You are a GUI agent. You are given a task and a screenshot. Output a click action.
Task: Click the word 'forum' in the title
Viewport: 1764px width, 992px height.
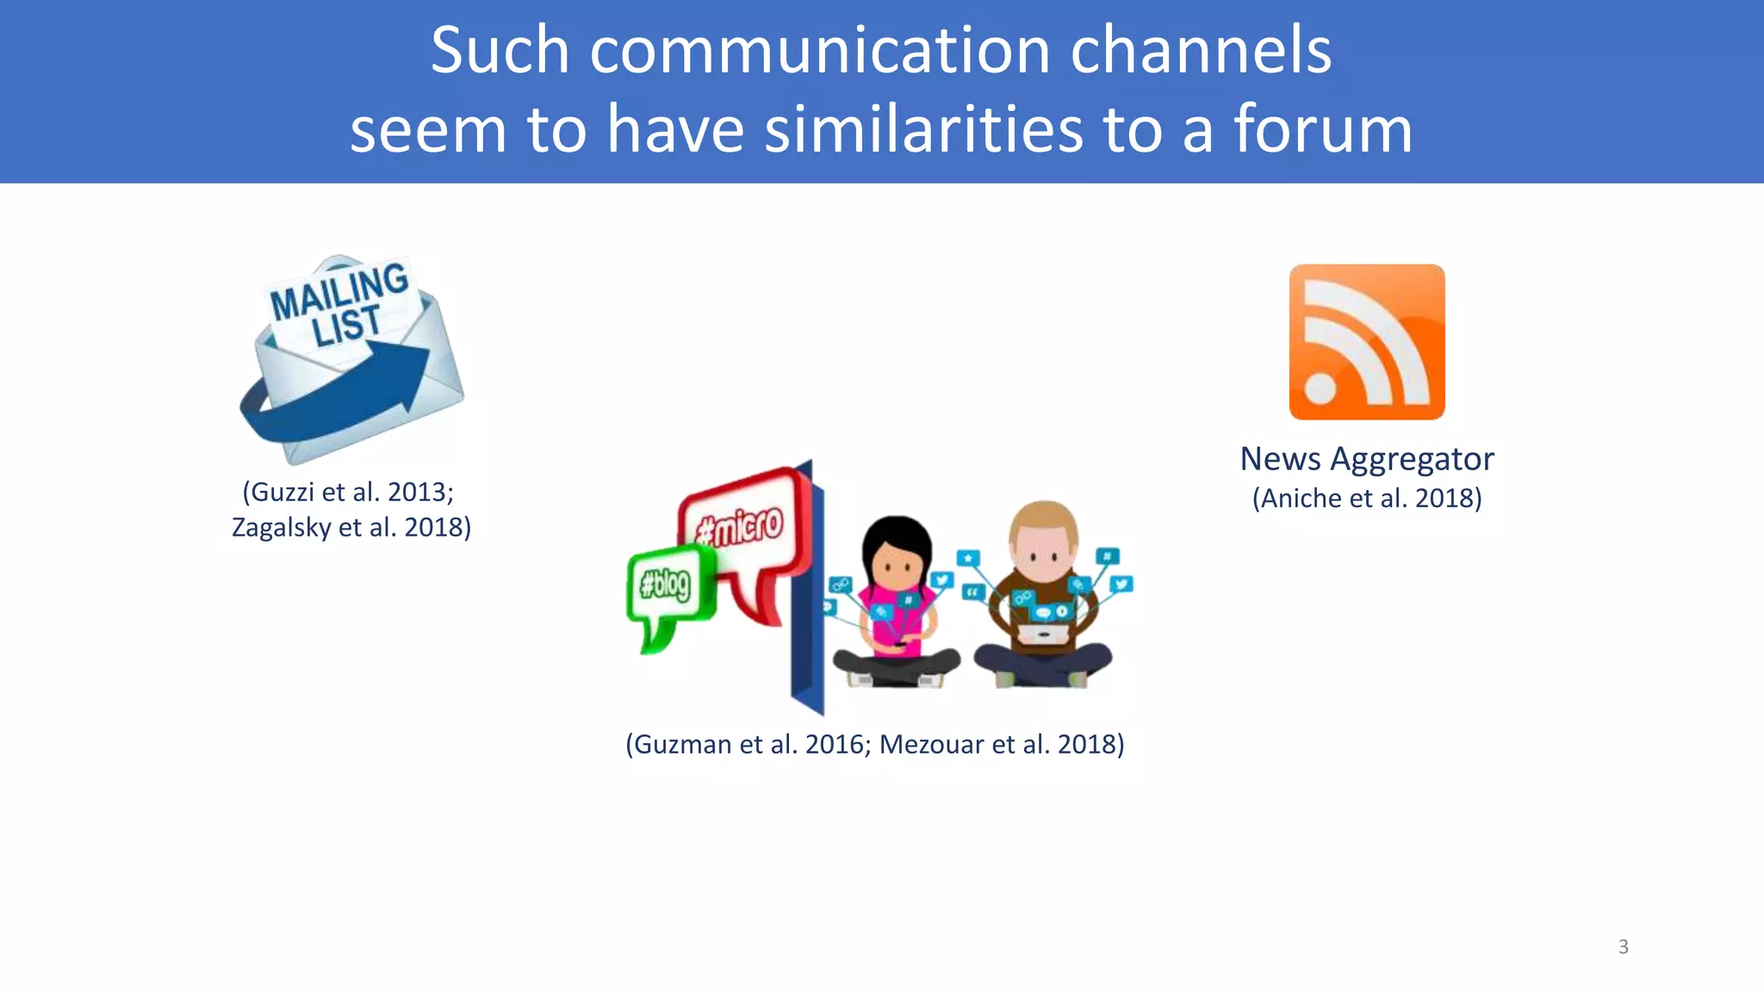pyautogui.click(x=1322, y=129)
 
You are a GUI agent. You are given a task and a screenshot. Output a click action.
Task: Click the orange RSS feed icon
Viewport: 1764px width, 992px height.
pyautogui.click(x=1366, y=342)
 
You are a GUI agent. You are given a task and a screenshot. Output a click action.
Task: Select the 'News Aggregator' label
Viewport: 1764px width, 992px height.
pyautogui.click(x=1366, y=459)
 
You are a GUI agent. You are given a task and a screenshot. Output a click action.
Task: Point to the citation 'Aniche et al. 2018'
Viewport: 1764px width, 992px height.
pyautogui.click(x=1367, y=499)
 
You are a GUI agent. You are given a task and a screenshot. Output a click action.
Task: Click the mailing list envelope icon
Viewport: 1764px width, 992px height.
pyautogui.click(x=351, y=360)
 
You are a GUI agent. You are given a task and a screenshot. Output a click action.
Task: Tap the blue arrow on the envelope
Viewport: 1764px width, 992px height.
pyautogui.click(x=345, y=396)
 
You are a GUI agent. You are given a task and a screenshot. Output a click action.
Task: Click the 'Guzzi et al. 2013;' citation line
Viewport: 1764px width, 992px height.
pyautogui.click(x=348, y=492)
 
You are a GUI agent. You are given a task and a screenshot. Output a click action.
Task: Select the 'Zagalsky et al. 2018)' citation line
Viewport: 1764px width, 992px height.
pyautogui.click(x=351, y=527)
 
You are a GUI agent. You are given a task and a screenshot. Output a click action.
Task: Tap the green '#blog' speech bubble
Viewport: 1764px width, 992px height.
pyautogui.click(x=666, y=586)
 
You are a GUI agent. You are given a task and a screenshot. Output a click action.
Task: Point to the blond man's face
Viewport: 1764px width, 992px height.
pyautogui.click(x=1043, y=551)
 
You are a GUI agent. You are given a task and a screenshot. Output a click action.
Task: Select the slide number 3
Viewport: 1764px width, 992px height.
pyautogui.click(x=1623, y=947)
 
